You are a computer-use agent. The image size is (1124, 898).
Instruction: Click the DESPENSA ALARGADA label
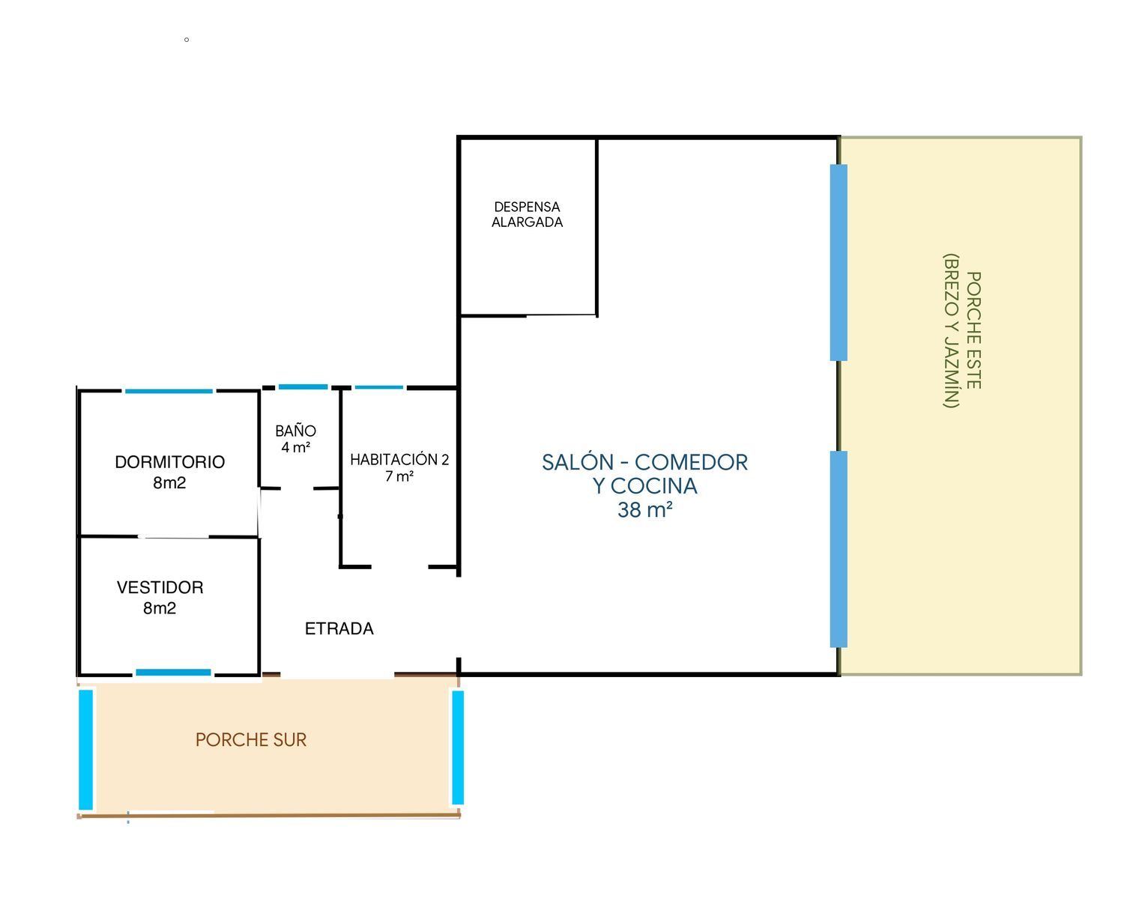[x=527, y=215]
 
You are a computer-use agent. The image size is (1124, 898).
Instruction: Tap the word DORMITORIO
[x=170, y=462]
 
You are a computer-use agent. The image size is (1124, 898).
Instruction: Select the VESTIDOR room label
[x=160, y=587]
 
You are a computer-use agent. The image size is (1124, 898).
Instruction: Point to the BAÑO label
[x=296, y=430]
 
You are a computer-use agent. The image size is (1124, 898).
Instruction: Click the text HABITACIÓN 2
[x=399, y=459]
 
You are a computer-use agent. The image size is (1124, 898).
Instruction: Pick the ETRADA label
[x=339, y=628]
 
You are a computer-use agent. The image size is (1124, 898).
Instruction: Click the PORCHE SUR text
[x=251, y=740]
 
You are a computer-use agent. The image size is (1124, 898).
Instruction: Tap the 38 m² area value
[x=645, y=510]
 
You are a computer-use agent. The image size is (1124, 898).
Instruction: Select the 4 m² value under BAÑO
[x=296, y=447]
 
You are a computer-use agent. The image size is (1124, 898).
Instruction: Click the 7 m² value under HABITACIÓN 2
[x=399, y=476]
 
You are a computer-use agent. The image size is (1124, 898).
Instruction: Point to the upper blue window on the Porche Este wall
[x=839, y=263]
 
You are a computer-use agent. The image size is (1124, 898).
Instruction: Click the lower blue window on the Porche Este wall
[x=839, y=549]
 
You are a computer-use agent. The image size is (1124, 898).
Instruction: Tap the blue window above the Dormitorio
[x=169, y=391]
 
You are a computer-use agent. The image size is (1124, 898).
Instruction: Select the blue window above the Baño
[x=303, y=387]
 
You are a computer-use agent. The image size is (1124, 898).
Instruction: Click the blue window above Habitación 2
[x=379, y=387]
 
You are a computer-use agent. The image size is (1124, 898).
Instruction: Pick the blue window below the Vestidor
[x=173, y=673]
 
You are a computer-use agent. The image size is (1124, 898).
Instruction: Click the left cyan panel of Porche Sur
[x=85, y=750]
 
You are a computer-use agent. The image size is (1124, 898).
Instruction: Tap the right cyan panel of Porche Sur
[x=458, y=747]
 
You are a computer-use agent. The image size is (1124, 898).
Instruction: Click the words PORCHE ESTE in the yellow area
[x=973, y=330]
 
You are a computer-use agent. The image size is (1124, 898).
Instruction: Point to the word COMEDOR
[x=691, y=463]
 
